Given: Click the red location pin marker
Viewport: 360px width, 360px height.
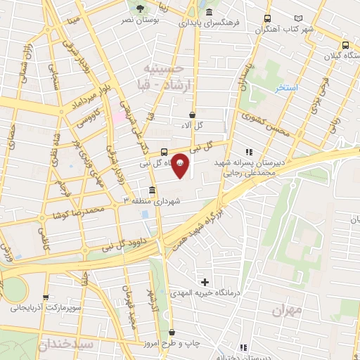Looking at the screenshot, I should click(x=180, y=165).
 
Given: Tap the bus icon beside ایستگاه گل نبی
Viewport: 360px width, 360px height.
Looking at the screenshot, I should click(x=164, y=152).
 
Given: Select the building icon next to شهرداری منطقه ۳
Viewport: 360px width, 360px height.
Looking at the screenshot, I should click(x=153, y=191).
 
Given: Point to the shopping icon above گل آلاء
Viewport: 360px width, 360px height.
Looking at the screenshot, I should click(x=193, y=114).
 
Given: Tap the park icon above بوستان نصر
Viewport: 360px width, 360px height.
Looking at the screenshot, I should click(x=141, y=9).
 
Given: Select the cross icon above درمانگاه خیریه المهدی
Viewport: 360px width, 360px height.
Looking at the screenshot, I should click(x=205, y=282).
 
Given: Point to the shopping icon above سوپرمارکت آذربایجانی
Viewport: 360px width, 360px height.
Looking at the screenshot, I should click(x=46, y=298).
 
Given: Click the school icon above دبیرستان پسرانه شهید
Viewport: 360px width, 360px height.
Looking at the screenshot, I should click(x=248, y=152).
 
